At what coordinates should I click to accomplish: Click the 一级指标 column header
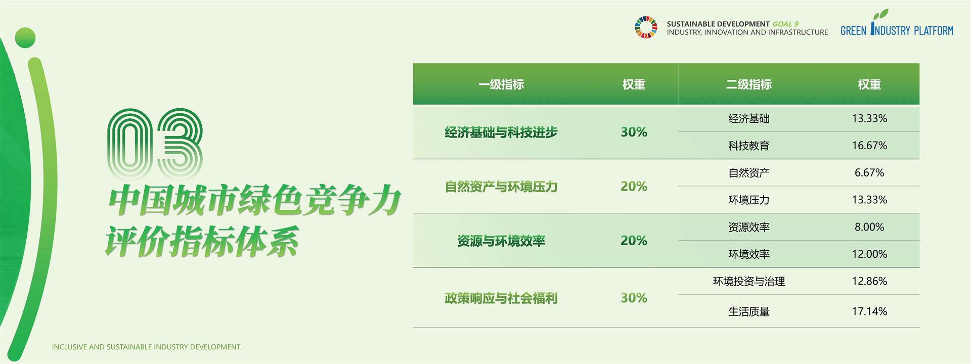click(x=501, y=84)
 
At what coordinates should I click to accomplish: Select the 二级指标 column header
click(x=749, y=84)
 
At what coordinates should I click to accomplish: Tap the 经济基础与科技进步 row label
click(x=501, y=132)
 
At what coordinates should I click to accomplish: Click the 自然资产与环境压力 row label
click(x=501, y=187)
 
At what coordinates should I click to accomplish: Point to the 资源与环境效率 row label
click(x=501, y=241)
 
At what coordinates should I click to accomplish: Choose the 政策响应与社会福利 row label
click(x=501, y=298)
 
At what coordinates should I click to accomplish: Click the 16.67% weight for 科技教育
click(x=869, y=146)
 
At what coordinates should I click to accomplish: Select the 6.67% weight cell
click(x=869, y=173)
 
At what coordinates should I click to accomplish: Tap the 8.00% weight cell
click(x=869, y=227)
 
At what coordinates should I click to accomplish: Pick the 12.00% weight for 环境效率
click(x=869, y=254)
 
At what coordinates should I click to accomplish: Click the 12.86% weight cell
click(x=869, y=281)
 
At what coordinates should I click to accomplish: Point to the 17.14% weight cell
click(x=869, y=311)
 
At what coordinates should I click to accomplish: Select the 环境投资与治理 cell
click(x=749, y=282)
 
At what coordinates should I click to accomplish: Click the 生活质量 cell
click(x=749, y=312)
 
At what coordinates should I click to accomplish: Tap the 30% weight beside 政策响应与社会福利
click(x=634, y=298)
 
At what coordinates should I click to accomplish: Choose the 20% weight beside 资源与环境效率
click(x=634, y=241)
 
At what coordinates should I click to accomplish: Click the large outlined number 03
click(x=156, y=144)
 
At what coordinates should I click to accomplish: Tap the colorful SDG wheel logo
click(x=646, y=27)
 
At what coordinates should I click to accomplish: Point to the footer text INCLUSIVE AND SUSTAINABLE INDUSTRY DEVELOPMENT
click(x=146, y=347)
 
